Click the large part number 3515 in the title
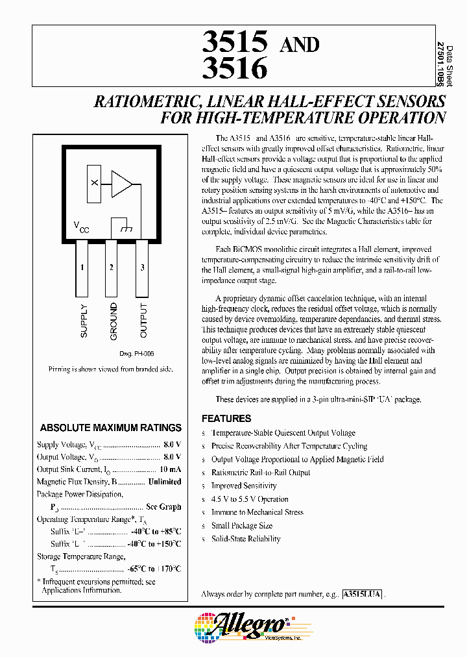[235, 42]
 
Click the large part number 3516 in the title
[235, 69]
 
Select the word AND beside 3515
[298, 45]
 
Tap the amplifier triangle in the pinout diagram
[121, 184]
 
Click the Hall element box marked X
[95, 184]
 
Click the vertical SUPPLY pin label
[84, 321]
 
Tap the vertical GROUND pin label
[114, 321]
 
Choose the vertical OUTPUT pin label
[143, 321]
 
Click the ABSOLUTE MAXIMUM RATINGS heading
[111, 428]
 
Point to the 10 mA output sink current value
[170, 469]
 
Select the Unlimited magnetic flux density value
[165, 482]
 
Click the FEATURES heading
[226, 419]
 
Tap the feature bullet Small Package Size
[241, 526]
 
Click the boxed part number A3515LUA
[363, 594]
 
